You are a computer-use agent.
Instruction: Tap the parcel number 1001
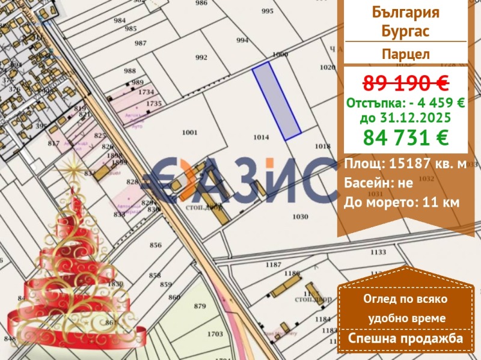pos(189,132)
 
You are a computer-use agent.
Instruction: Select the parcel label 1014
pos(260,138)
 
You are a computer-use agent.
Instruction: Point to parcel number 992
pos(201,58)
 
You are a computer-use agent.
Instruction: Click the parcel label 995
pos(267,11)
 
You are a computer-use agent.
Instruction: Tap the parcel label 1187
pos(274,265)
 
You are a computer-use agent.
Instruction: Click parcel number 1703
pos(215,334)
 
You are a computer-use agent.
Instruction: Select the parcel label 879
pos(200,307)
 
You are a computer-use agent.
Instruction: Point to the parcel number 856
pos(156,245)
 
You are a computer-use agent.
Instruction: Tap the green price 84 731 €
pos(405,138)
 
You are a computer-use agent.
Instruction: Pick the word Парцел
pos(405,53)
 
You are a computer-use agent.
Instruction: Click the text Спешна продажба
pos(405,339)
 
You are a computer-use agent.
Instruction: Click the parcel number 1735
pos(154,104)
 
